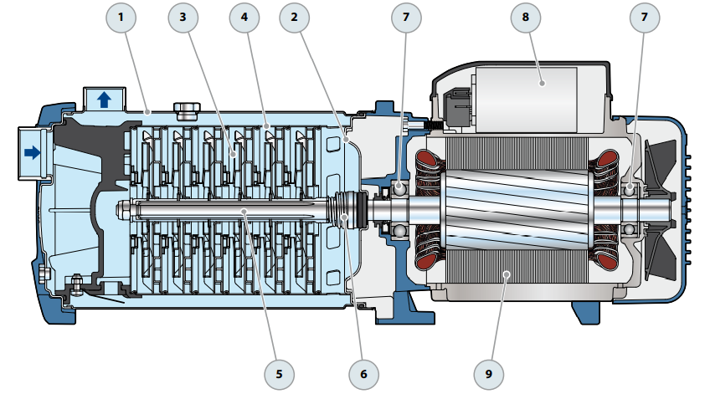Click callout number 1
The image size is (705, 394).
pos(123,17)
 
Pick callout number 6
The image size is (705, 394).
pos(363,373)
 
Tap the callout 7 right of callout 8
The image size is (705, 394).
pos(646,17)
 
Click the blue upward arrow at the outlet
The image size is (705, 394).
pos(104,100)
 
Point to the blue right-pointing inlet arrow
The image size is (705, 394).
pos(32,152)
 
